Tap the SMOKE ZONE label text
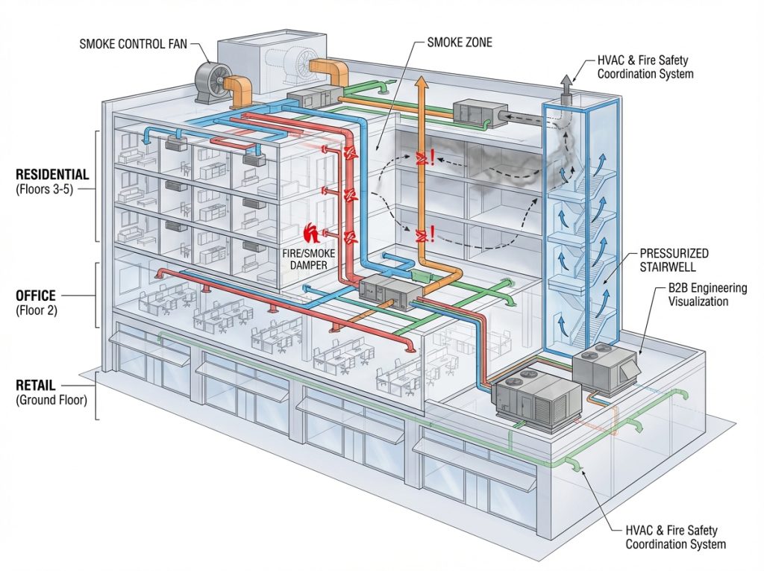460,43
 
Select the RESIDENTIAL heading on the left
52,175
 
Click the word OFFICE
36,296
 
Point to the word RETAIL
35,385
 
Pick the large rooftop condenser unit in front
536,402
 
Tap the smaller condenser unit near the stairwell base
605,366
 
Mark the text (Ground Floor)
51,400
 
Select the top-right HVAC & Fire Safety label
645,67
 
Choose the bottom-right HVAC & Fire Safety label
671,537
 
